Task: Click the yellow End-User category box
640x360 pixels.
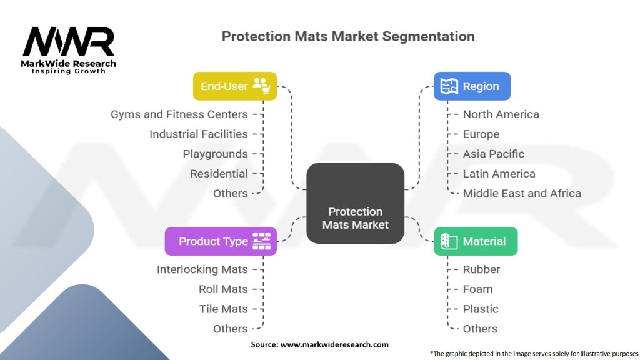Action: (234, 86)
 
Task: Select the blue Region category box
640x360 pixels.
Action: (472, 86)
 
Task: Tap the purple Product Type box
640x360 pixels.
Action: (221, 241)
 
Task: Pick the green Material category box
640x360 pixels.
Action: (476, 241)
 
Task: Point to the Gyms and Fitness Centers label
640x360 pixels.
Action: (179, 114)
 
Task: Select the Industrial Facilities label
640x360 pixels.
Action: (199, 134)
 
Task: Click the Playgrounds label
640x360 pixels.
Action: (216, 154)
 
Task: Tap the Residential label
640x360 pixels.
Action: (219, 174)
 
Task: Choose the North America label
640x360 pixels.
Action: (501, 114)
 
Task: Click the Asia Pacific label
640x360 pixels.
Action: (494, 154)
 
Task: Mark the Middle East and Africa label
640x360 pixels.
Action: (522, 194)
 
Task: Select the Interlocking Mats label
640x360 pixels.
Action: (202, 269)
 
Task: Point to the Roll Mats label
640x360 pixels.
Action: (223, 289)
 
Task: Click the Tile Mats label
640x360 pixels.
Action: (224, 309)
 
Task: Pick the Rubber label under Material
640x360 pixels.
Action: (481, 269)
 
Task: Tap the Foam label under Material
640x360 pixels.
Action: (477, 289)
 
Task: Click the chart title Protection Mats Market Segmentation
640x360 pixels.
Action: (348, 36)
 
